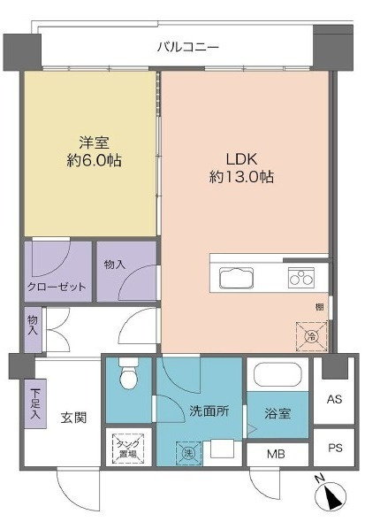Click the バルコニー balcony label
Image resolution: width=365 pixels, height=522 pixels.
point(188,47)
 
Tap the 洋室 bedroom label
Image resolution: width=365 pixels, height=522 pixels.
point(94,143)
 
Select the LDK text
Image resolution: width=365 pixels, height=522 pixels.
point(241,159)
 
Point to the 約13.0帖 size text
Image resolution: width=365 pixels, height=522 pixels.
point(241,176)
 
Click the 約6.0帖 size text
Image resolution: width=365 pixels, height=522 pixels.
point(94,161)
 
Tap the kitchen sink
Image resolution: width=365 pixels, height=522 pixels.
point(236,278)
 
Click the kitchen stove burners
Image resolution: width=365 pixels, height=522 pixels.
point(300,277)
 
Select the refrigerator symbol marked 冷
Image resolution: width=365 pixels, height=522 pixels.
point(311,336)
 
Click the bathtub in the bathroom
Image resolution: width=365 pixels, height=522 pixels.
point(278,374)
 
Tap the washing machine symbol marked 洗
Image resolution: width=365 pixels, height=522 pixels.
point(188,453)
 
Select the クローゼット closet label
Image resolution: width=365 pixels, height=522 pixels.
point(57,287)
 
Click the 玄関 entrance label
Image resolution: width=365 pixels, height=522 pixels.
point(74,418)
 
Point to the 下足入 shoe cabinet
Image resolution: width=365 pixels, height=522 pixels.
point(34,403)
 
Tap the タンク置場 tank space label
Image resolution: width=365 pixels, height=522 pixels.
point(128,449)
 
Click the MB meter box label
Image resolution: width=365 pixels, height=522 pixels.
point(276,454)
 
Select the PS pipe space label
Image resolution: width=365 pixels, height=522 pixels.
point(335,448)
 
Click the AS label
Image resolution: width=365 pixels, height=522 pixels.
point(334,399)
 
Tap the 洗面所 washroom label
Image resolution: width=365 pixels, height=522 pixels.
point(209,411)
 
